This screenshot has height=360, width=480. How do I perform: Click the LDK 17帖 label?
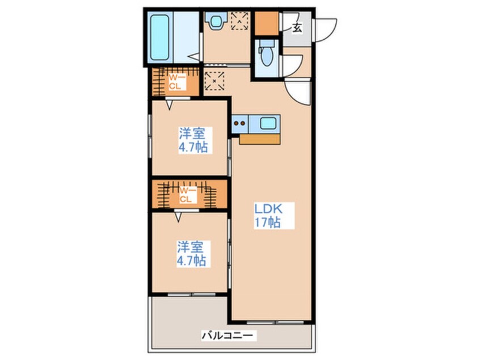pyautogui.click(x=268, y=215)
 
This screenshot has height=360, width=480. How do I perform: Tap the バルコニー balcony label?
pyautogui.click(x=228, y=336)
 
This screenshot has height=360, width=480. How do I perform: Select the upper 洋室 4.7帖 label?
pyautogui.click(x=193, y=140)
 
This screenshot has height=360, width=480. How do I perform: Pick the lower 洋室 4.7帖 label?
pyautogui.click(x=192, y=254)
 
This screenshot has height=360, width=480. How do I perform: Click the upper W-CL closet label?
pyautogui.click(x=175, y=82)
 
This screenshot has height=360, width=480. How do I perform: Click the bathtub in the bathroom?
pyautogui.click(x=160, y=37)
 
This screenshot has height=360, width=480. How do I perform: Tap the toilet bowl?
pyautogui.click(x=266, y=55)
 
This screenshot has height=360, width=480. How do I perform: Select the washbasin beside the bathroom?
pyautogui.click(x=216, y=20)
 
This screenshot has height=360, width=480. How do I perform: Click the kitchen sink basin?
pyautogui.click(x=268, y=124)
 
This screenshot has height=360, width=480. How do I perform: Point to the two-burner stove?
pyautogui.click(x=239, y=124)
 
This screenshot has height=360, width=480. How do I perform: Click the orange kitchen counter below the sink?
pyautogui.click(x=260, y=139)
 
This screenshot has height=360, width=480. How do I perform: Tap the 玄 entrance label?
pyautogui.click(x=297, y=28)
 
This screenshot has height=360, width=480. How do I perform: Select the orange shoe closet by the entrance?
pyautogui.click(x=267, y=23)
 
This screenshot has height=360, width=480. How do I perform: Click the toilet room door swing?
pyautogui.click(x=292, y=66)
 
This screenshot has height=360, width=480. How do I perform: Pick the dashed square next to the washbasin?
pyautogui.click(x=239, y=21)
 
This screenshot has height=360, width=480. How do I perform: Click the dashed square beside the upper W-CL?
pyautogui.click(x=214, y=81)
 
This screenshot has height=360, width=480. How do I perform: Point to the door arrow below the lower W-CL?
pyautogui.click(x=178, y=217)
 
